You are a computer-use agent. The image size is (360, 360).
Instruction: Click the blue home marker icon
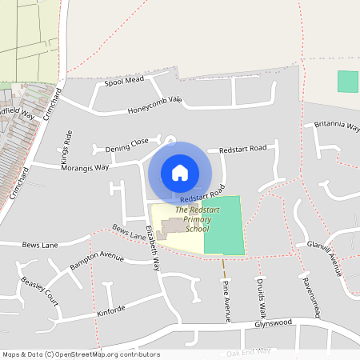[x=180, y=172]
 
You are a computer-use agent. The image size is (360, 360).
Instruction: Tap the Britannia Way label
[x=336, y=126]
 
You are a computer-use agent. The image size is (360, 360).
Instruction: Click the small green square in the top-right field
[x=347, y=82]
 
